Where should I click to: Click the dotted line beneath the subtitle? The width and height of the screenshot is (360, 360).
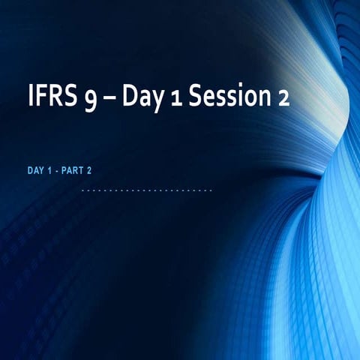[x=146, y=190]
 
